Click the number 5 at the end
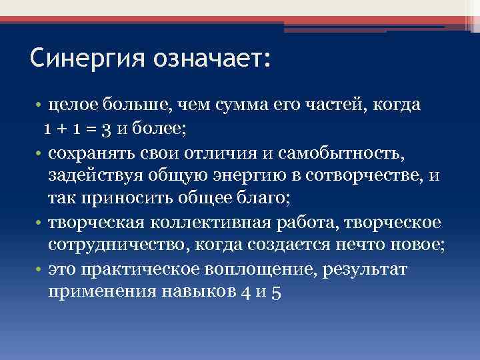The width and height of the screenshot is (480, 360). [x=277, y=293]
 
